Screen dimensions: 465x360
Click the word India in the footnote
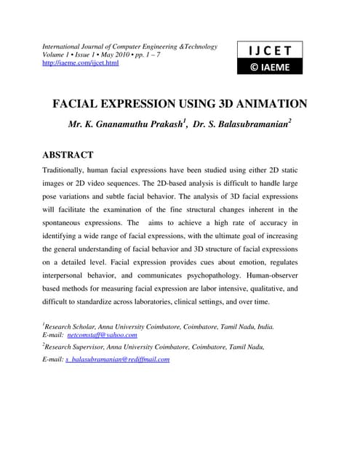tap(263, 326)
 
